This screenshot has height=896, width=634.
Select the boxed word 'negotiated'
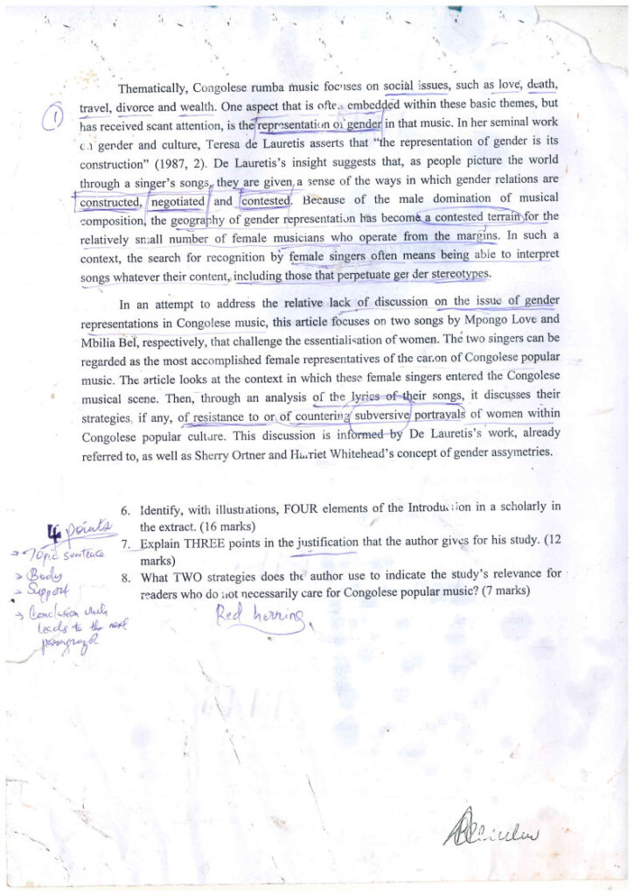(178, 201)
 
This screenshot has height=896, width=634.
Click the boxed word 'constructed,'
(109, 202)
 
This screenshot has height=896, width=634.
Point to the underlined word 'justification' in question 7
(327, 542)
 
